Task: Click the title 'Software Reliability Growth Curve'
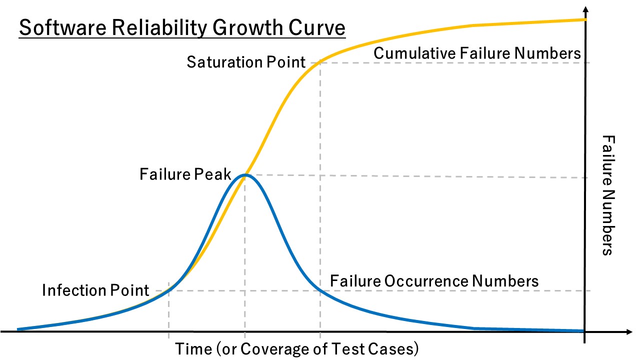(182, 28)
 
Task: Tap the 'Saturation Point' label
(245, 62)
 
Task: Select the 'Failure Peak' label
(185, 174)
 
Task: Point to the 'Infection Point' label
(95, 290)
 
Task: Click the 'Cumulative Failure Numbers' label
(477, 53)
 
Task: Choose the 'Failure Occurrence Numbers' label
(434, 281)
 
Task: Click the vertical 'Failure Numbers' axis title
(606, 195)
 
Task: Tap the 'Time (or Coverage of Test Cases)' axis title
(296, 348)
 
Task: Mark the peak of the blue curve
(244, 174)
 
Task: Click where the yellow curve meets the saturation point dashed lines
(320, 62)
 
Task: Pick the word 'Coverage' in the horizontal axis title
(271, 348)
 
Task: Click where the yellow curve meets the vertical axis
(584, 19)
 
